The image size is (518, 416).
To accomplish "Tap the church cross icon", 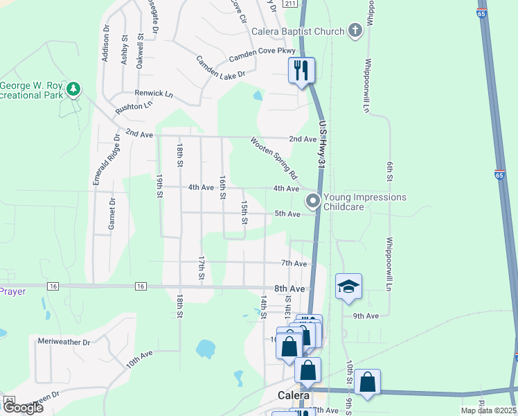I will pos(355,31).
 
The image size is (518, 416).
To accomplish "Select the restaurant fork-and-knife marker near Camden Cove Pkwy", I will pos(301,70).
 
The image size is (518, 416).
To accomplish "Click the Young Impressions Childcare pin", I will pos(313,201).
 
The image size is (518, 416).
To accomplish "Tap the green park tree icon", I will pos(73,89).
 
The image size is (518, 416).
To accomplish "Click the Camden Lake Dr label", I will pos(221,67).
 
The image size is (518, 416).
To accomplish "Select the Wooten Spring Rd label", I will pos(274,157).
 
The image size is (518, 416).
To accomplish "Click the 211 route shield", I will pos(291,3).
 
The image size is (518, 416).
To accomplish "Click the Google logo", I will pos(22,408).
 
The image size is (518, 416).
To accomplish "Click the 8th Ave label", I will pos(289,288).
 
